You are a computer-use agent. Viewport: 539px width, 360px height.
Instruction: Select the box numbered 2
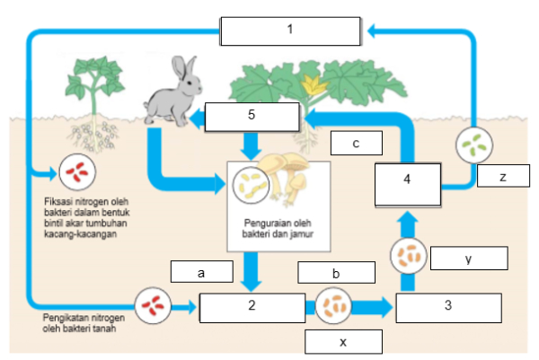252,305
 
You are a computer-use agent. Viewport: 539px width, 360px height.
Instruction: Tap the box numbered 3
446,305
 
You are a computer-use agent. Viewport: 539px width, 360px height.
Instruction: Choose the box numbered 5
251,117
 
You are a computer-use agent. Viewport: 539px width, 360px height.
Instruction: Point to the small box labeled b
334,273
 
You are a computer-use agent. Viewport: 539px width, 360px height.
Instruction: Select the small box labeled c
356,143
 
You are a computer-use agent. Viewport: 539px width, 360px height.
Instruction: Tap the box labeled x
344,342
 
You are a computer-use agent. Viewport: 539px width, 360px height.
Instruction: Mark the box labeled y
469,258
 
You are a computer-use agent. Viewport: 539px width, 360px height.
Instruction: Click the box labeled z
503,178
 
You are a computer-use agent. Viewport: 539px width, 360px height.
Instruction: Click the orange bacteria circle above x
334,305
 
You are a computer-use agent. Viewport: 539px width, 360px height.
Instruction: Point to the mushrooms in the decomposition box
287,179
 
